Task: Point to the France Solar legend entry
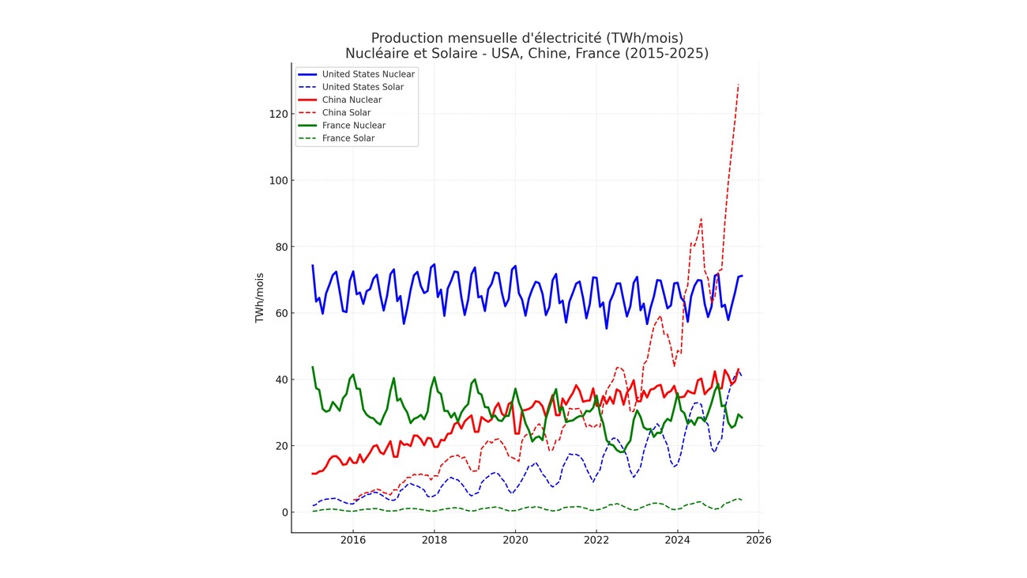point(348,138)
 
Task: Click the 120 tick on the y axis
point(276,114)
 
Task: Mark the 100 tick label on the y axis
point(276,180)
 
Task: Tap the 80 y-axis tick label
point(279,247)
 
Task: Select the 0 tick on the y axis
point(282,512)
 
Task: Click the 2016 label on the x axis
point(352,540)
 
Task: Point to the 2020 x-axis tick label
point(515,540)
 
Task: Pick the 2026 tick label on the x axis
point(758,540)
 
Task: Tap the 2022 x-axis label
point(596,540)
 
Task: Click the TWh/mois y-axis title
point(259,298)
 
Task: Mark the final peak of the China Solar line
point(739,85)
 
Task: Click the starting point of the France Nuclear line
point(313,367)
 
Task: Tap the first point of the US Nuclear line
point(313,266)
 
